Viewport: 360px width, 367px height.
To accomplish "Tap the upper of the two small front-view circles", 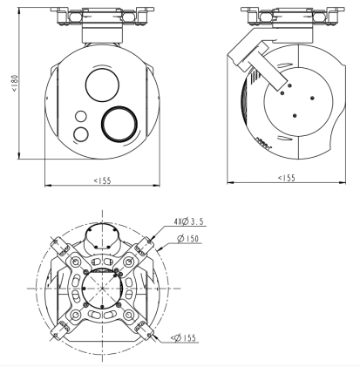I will [80, 117].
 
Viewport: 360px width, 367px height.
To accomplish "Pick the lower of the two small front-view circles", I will [80, 133].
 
